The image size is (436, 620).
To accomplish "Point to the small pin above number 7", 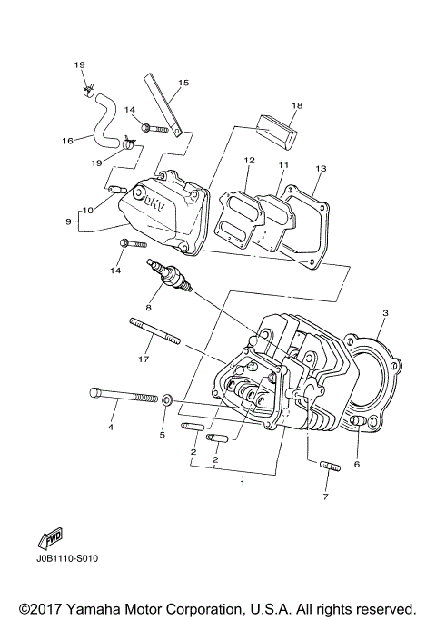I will tap(329, 469).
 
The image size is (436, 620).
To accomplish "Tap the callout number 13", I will tap(319, 170).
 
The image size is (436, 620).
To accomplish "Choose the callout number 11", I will tap(282, 165).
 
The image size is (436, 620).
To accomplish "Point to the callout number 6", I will tap(357, 464).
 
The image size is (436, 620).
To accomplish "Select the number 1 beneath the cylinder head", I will tap(243, 484).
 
